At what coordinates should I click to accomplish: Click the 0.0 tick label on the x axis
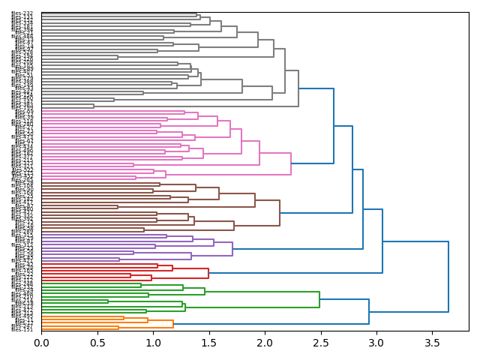coord(41,343)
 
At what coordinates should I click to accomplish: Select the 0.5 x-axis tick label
coord(97,343)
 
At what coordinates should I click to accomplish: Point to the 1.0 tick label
coord(153,343)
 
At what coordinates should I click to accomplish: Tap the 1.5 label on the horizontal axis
coord(209,343)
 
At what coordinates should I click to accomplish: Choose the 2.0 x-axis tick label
coord(265,343)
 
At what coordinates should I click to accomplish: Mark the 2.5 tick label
coord(321,343)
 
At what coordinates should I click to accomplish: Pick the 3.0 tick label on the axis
coord(376,343)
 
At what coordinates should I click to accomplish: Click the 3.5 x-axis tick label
coord(433,343)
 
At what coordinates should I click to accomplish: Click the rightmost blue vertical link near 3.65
coord(448,277)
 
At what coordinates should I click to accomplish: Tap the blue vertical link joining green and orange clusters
coord(369,311)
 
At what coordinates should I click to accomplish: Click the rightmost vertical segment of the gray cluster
coord(298,88)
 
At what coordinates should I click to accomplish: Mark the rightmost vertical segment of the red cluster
coord(208,273)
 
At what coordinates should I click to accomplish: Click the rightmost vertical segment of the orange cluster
coord(173,324)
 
